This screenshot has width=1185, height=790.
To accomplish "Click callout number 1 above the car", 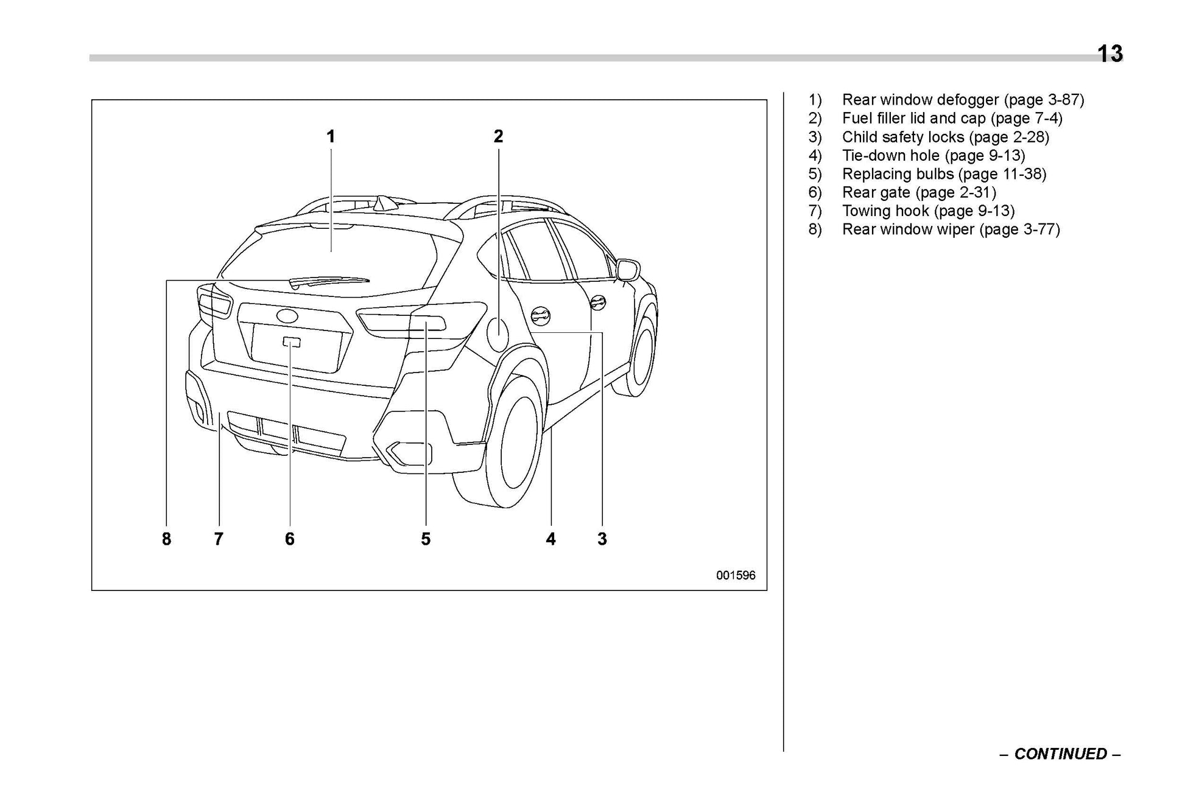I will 331,137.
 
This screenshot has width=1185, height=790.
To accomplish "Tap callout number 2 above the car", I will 498,137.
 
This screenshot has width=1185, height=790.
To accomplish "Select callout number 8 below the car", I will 166,539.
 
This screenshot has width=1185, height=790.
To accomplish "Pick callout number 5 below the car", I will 425,539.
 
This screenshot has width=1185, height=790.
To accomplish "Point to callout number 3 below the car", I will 602,539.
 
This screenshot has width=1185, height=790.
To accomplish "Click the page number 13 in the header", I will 1109,54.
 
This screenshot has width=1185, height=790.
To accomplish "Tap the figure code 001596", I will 735,575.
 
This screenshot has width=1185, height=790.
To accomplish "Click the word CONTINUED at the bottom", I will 1060,754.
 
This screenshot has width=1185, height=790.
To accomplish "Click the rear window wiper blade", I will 329,281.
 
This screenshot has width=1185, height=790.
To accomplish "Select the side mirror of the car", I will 628,269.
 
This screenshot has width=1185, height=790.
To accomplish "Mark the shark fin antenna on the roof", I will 385,204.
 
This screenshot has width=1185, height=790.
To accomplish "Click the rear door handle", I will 540,315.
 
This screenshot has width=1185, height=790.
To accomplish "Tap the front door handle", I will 598,301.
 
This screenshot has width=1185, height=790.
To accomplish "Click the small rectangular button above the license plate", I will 291,341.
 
